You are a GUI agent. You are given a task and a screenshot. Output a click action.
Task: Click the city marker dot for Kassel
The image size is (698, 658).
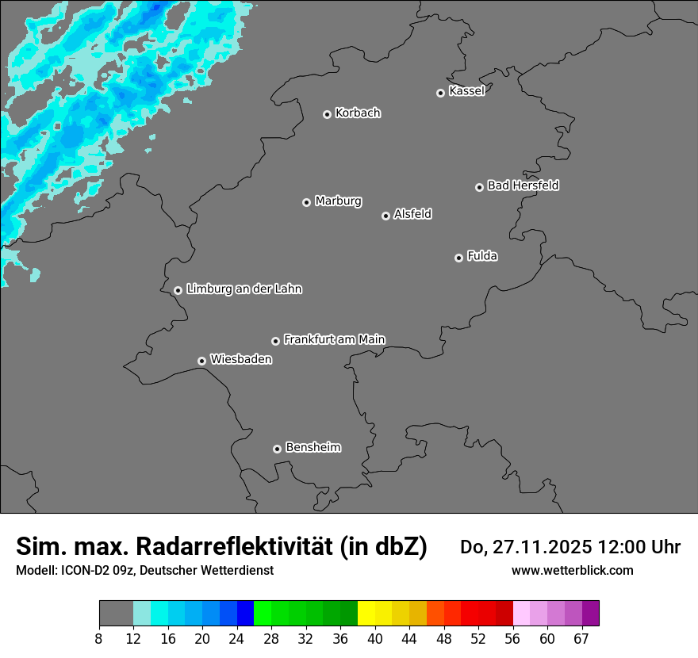[440, 93]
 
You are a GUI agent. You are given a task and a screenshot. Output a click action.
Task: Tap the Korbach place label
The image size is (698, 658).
[358, 113]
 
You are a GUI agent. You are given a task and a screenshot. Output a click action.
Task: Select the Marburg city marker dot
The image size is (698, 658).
[306, 202]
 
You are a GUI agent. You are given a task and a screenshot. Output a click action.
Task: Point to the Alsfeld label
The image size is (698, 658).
[412, 214]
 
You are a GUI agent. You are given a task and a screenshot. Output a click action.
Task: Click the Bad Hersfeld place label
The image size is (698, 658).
[523, 186]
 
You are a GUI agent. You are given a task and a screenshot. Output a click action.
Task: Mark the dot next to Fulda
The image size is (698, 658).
[458, 258]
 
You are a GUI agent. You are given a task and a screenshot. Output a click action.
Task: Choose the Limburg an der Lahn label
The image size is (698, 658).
[244, 289]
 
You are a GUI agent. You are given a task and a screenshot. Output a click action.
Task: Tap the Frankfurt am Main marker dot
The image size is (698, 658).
[275, 341]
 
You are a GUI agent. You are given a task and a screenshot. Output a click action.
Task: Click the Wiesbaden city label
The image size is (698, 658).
[240, 360]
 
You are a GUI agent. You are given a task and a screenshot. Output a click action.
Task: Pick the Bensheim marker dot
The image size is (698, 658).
[277, 449]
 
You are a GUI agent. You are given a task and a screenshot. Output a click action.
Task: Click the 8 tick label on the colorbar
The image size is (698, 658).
[99, 638]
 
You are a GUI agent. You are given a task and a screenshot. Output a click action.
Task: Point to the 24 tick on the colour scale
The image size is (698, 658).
[236, 638]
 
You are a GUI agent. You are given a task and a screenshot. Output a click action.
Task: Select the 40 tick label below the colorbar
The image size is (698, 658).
[375, 638]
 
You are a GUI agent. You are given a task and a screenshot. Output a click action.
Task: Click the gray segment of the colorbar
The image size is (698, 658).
[116, 614]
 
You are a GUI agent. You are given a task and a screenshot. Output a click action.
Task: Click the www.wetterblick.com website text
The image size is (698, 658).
[573, 570]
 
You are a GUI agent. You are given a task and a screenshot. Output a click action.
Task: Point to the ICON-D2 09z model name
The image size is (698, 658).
[91, 570]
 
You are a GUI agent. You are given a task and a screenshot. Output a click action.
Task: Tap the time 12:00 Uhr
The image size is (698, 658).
[639, 547]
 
